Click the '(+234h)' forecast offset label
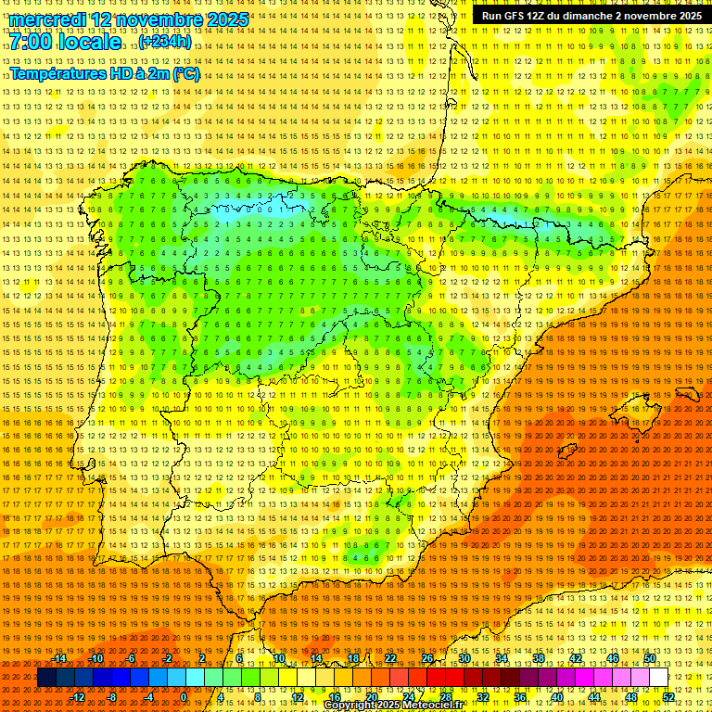pyautogui.click(x=166, y=42)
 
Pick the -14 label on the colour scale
pyautogui.click(x=59, y=658)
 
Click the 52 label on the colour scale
pyautogui.click(x=668, y=697)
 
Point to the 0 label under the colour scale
pyautogui.click(x=184, y=697)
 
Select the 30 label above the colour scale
pyautogui.click(x=464, y=658)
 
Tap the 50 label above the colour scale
pyautogui.click(x=650, y=658)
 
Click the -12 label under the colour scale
pyautogui.click(x=78, y=697)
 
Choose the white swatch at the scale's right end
pyautogui.click(x=659, y=678)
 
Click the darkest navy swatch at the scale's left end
pyautogui.click(x=46, y=678)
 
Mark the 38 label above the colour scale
pyautogui.click(x=539, y=658)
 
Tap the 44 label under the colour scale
pyautogui.click(x=594, y=697)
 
